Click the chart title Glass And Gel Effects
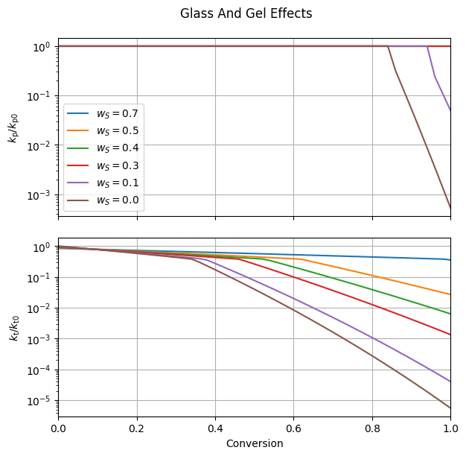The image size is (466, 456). click(246, 13)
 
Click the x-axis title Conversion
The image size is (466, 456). click(255, 443)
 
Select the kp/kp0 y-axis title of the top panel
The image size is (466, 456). click(14, 127)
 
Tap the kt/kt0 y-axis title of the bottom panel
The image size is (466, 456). click(14, 327)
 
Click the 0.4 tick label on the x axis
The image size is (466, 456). click(215, 428)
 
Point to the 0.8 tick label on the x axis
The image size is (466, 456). click(371, 428)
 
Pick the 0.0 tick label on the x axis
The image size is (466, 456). click(58, 428)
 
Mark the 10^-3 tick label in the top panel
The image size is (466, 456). click(39, 194)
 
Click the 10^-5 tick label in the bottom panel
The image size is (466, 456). click(39, 401)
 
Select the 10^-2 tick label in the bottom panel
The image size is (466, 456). click(39, 308)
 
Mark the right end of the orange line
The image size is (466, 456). click(450, 294)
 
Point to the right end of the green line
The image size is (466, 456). click(450, 314)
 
